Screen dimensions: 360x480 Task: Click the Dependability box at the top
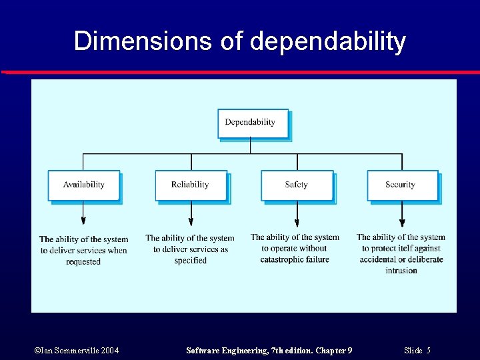click(x=253, y=123)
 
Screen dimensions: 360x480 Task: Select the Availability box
click(x=84, y=185)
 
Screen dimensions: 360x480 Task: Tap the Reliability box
click(x=191, y=185)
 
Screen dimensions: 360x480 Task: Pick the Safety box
click(x=297, y=185)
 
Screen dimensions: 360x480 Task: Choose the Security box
click(x=402, y=185)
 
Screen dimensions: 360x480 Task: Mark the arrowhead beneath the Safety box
click(x=297, y=222)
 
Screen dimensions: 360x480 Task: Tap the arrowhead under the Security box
click(x=402, y=222)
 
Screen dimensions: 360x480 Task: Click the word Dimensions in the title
click(x=140, y=41)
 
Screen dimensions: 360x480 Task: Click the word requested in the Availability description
click(x=83, y=262)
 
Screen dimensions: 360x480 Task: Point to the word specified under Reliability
click(x=191, y=261)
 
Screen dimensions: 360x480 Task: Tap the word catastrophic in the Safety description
click(x=279, y=259)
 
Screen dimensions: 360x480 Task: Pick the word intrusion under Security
click(x=401, y=271)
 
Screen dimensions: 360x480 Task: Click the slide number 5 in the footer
click(x=429, y=351)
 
